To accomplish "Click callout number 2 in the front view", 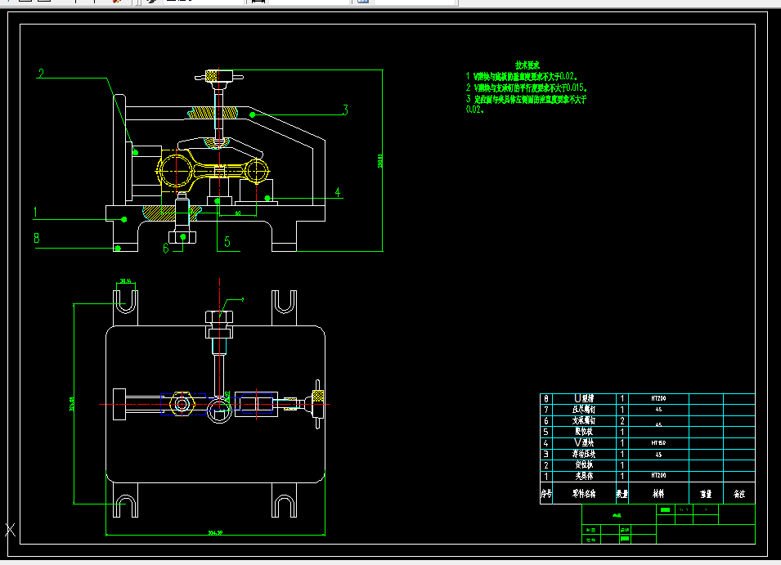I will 41,74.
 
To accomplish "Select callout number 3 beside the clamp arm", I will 346,109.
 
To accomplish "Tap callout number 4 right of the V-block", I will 337,193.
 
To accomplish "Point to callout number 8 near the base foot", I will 36,239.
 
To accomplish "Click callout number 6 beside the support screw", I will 166,247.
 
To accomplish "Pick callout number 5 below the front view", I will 227,242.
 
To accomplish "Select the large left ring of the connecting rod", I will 175,172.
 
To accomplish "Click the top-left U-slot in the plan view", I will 124,303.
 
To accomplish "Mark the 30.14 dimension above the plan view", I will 126,280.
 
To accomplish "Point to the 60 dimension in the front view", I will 238,213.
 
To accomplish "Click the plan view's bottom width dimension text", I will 216,534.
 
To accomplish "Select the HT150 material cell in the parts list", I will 658,442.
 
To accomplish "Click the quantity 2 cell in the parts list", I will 622,420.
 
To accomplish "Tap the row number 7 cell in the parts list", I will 546,409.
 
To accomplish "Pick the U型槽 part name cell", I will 584,398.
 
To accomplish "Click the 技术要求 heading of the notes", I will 527,65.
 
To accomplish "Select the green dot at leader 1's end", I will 124,218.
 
